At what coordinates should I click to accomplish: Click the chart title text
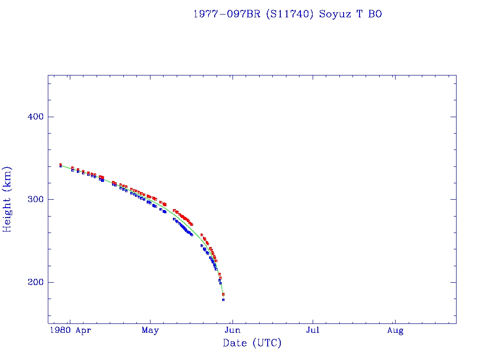[287, 14]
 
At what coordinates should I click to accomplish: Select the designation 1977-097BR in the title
[227, 14]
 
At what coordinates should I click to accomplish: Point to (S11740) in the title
[289, 14]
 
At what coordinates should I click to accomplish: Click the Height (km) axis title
[7, 199]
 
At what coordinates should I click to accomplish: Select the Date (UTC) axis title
[252, 343]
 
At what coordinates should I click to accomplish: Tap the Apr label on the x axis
[83, 330]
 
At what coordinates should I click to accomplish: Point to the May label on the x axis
[150, 330]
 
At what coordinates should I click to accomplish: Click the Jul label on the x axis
[313, 330]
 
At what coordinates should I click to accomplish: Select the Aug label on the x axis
[395, 330]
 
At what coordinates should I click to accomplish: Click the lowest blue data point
[223, 300]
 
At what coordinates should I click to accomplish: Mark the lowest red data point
[223, 294]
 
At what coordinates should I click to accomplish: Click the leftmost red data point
[60, 165]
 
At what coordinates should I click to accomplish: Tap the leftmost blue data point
[60, 166]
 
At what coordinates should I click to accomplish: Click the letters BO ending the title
[375, 14]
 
